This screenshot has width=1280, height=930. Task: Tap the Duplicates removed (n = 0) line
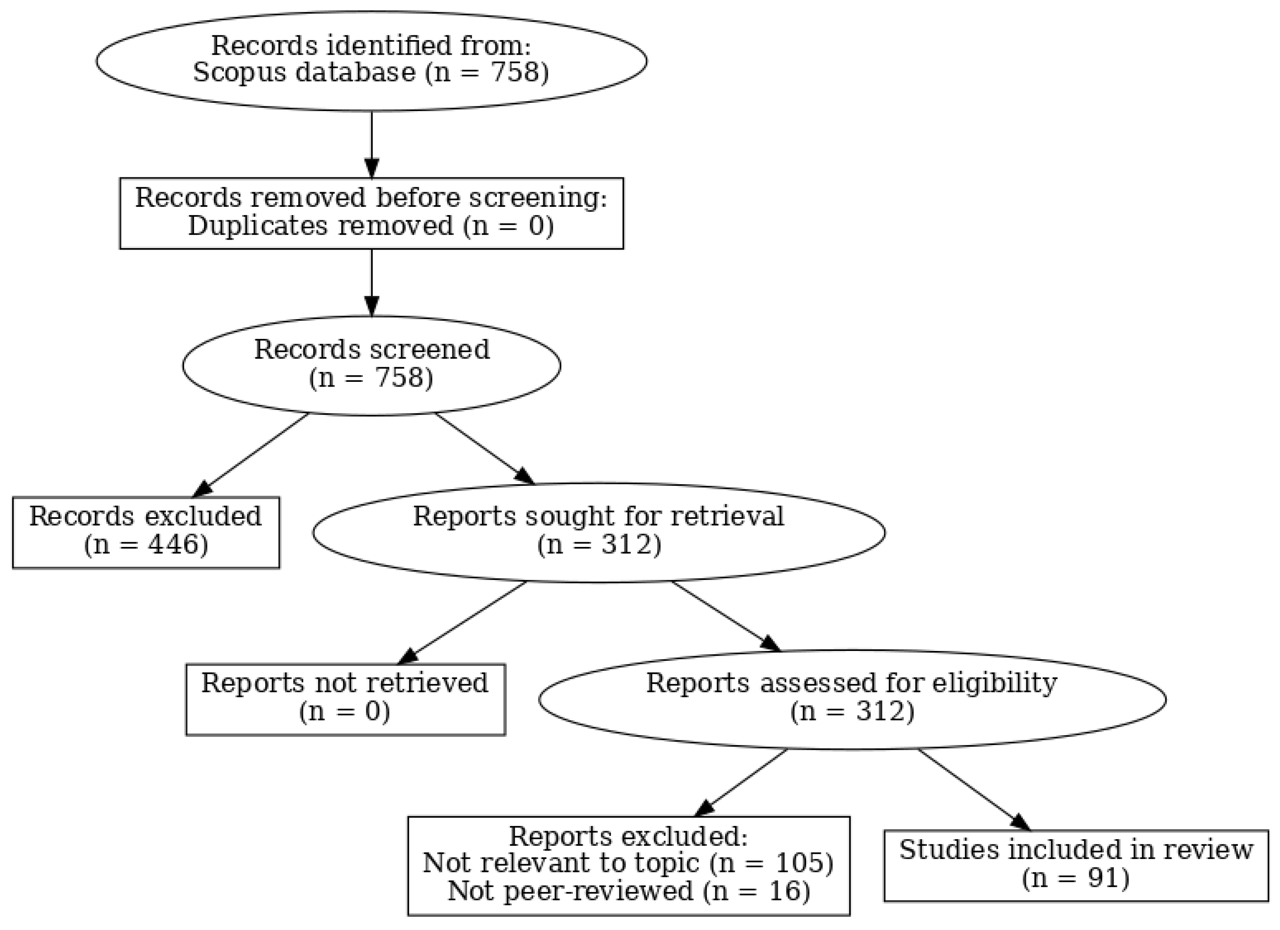pos(371,226)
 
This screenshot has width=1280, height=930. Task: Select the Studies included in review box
pos(1075,864)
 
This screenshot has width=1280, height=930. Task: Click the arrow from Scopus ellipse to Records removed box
pos(371,144)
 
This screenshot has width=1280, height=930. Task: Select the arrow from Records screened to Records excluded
pos(254,454)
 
